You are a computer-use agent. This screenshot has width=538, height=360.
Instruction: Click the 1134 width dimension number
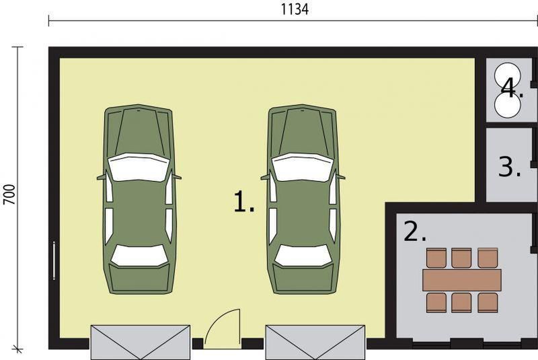point(295,9)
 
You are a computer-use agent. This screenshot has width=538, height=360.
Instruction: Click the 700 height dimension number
point(9,194)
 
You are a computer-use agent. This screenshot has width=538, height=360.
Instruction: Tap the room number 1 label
point(244,202)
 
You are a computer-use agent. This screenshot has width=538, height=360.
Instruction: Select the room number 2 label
point(415,231)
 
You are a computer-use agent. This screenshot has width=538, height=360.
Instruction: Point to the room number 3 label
point(510,167)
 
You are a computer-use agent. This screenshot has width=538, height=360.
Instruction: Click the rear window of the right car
point(303,255)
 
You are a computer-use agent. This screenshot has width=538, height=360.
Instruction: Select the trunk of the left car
point(139,279)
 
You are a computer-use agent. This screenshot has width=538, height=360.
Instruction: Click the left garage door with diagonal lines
point(141,342)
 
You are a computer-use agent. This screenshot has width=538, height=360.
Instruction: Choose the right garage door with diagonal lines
point(315,342)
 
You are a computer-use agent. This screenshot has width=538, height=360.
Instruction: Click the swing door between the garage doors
point(223,328)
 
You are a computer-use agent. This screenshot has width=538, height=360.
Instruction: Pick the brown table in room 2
point(462,280)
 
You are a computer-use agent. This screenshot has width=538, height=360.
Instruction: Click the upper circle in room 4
point(507,75)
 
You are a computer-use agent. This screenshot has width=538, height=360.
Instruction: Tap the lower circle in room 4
point(508,105)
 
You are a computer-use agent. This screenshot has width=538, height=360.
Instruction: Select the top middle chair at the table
point(461,258)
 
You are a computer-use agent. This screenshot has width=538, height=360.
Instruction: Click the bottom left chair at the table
point(436,302)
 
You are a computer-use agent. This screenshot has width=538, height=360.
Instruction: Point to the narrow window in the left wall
point(54,260)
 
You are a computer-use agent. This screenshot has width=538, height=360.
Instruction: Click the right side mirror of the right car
point(341,178)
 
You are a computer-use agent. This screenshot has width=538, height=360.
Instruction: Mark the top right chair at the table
point(488,258)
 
